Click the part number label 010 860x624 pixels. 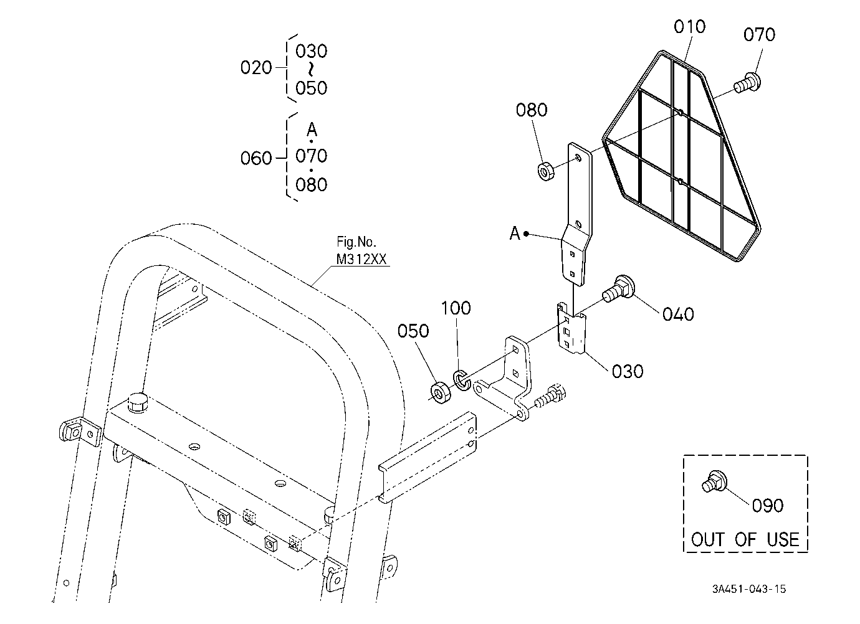click(x=689, y=27)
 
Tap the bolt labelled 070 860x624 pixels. click(x=747, y=83)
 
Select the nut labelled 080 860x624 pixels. click(x=545, y=171)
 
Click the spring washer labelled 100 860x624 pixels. click(x=461, y=381)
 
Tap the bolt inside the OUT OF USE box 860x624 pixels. click(x=714, y=481)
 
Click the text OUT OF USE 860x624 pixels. click(x=745, y=539)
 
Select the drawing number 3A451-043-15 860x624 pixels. click(x=748, y=589)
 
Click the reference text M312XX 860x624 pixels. click(x=361, y=260)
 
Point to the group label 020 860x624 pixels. click(x=256, y=68)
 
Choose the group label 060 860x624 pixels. click(x=256, y=158)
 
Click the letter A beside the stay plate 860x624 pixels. click(x=515, y=233)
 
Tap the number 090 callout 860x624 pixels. click(x=768, y=506)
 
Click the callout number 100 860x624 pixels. click(x=456, y=308)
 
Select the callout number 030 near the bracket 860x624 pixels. click(x=628, y=372)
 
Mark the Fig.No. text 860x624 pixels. click(x=356, y=242)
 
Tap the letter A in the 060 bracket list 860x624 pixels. click(x=312, y=130)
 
